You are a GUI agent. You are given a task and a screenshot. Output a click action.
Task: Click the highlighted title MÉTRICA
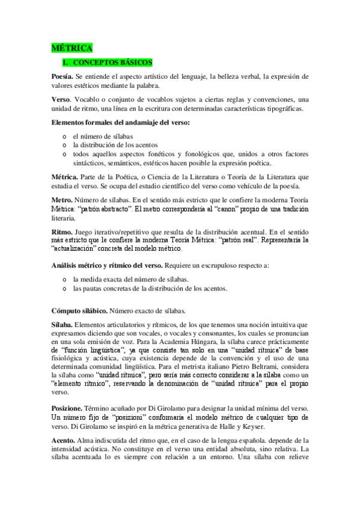tap(72, 48)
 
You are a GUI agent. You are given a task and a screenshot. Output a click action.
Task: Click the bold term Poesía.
tap(62, 77)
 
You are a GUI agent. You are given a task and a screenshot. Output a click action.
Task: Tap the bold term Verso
tap(61, 100)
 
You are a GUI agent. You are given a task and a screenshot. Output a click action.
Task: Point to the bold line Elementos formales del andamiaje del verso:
tap(120, 123)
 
